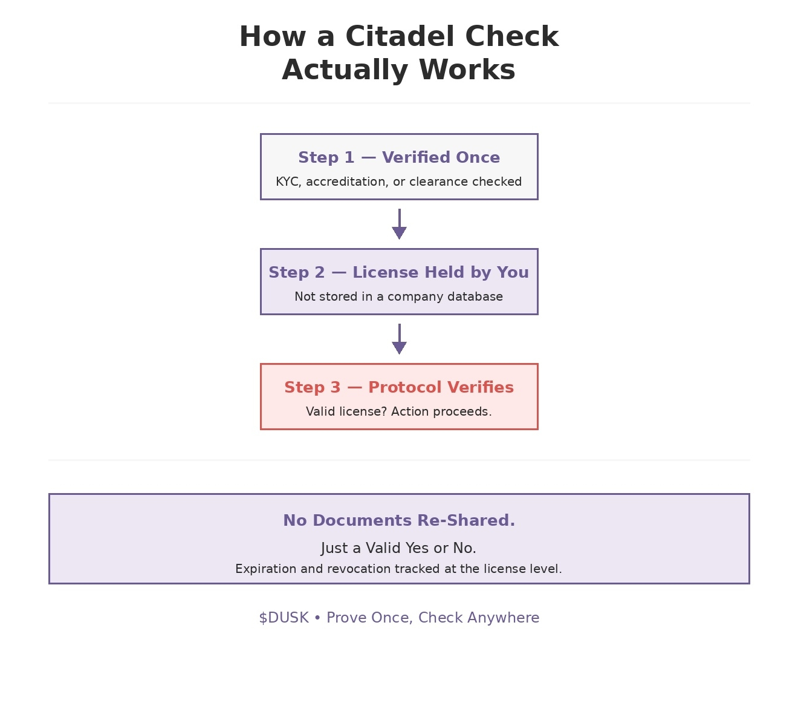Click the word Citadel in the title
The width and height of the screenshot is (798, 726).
(400, 36)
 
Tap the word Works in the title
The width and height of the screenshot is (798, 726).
(467, 70)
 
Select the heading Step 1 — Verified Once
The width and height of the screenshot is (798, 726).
(399, 157)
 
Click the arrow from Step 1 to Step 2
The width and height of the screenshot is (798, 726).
(400, 224)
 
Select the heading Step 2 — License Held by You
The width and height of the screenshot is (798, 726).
(398, 272)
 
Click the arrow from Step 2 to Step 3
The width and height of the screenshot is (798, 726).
(400, 339)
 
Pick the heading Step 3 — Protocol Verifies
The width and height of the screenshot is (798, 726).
(399, 387)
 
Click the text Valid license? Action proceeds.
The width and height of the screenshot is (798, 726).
(398, 411)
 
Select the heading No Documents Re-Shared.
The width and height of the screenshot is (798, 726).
(399, 520)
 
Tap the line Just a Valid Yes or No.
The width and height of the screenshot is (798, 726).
(398, 548)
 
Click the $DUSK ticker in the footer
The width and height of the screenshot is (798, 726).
(284, 618)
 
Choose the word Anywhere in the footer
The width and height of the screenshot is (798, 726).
(503, 618)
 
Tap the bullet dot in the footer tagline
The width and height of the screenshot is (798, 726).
(317, 618)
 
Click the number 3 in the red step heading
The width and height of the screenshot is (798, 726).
(336, 387)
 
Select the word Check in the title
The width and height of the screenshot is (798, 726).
(511, 36)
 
